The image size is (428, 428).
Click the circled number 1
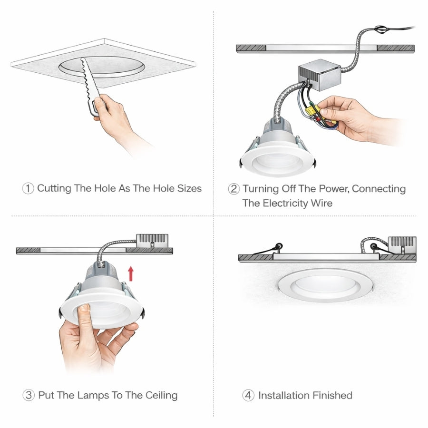[28, 188]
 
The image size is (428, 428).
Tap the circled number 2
[233, 189]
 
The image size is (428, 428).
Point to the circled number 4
[248, 395]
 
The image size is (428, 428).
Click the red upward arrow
[131, 273]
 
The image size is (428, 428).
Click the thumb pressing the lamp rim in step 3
[84, 314]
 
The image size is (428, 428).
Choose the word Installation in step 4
[284, 395]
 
